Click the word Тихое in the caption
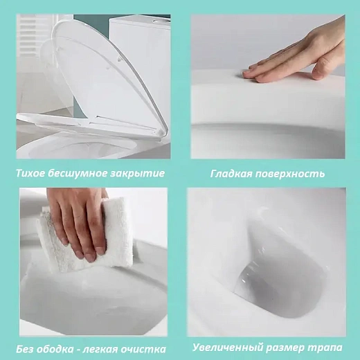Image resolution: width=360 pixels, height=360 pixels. point(32,173)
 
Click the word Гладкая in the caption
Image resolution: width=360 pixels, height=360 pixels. point(232,173)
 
